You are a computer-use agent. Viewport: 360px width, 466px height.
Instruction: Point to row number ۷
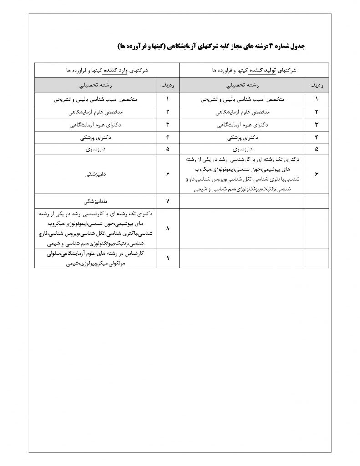click(168, 201)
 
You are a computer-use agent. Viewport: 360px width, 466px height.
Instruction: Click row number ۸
click(168, 228)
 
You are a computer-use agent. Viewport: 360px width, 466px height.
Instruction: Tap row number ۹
click(168, 258)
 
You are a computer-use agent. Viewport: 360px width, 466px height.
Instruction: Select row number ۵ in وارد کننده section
click(168, 148)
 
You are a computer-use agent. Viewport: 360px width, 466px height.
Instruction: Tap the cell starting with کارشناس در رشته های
click(95, 258)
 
